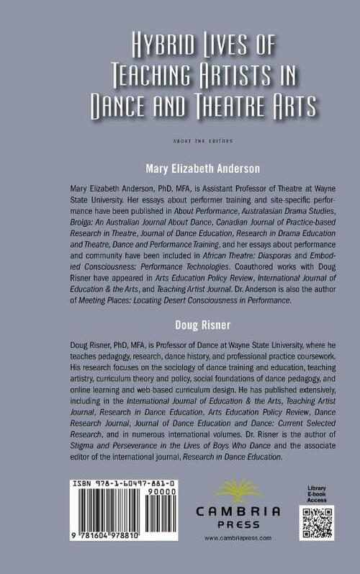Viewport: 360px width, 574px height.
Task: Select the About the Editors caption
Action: [x=180, y=140]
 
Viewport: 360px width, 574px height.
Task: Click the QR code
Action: [x=316, y=523]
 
